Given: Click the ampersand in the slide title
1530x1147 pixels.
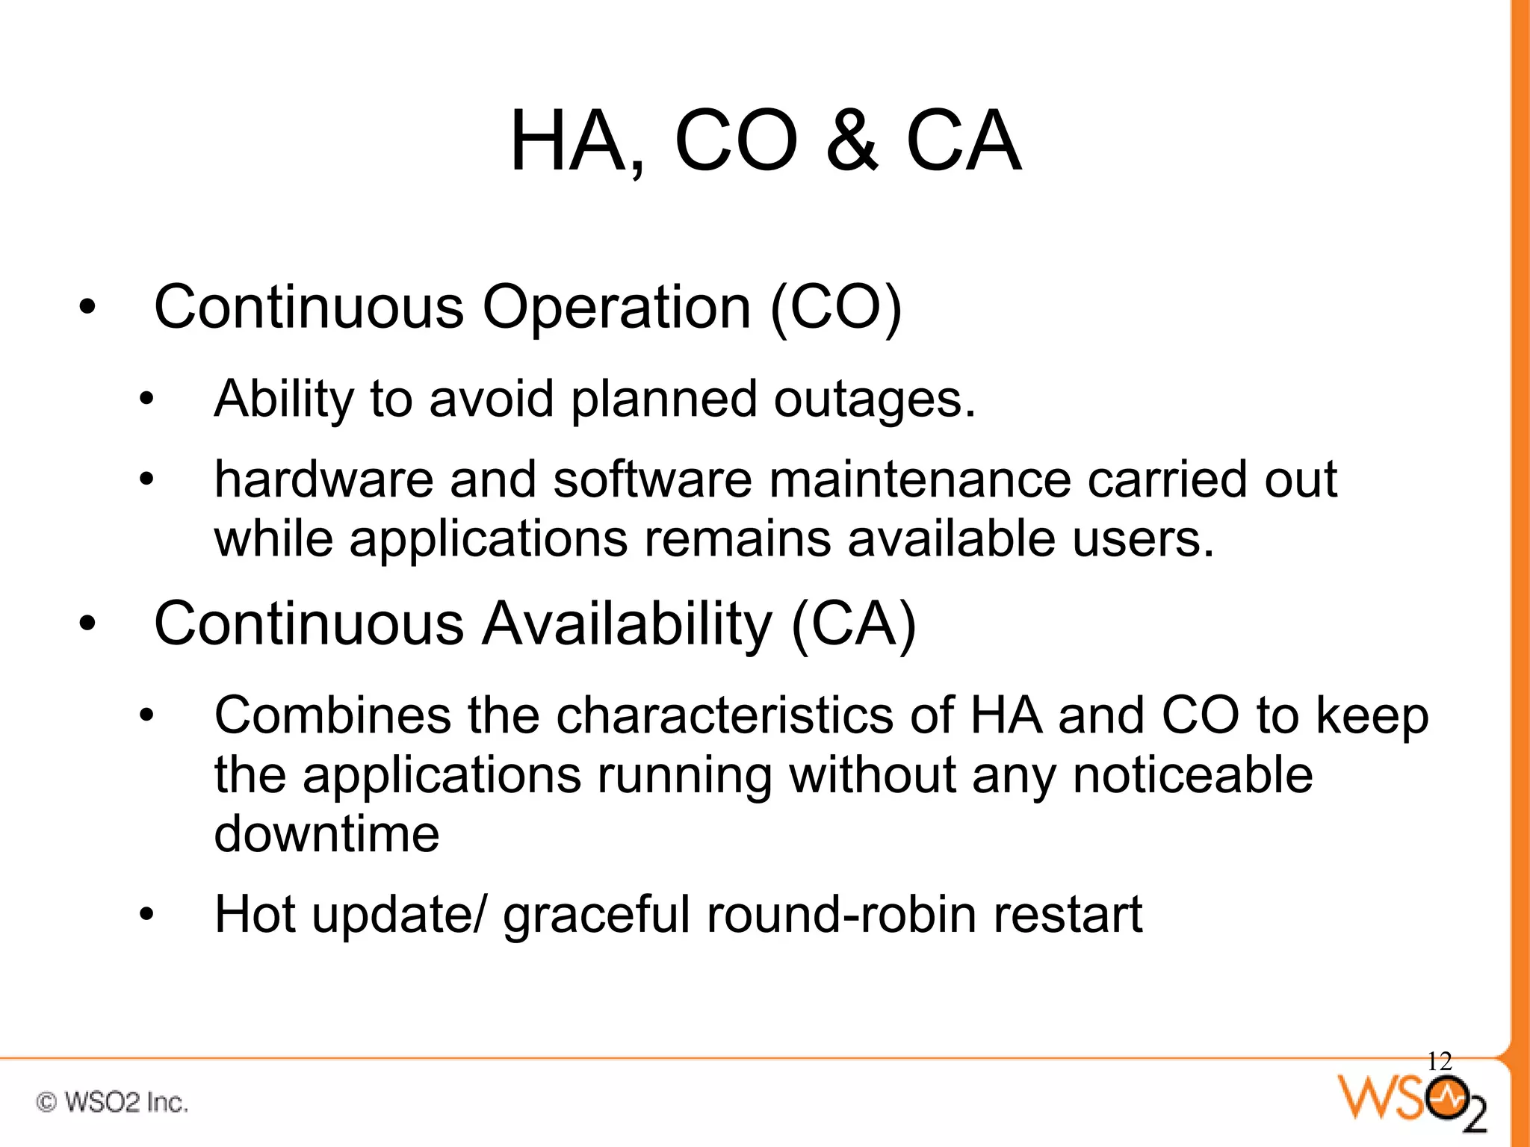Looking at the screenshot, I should click(852, 141).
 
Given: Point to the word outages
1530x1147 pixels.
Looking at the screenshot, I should click(874, 400).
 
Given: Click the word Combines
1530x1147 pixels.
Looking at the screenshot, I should click(332, 715).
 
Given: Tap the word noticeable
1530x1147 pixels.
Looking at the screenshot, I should click(1192, 774).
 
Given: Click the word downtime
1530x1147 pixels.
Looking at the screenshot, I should click(326, 834).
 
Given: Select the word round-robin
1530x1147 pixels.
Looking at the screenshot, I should click(841, 914).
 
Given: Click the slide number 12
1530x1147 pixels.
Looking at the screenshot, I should click(1439, 1061).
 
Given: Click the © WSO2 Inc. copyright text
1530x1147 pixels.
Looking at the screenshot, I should click(112, 1102).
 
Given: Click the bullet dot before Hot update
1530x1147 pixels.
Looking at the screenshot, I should click(146, 914).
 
